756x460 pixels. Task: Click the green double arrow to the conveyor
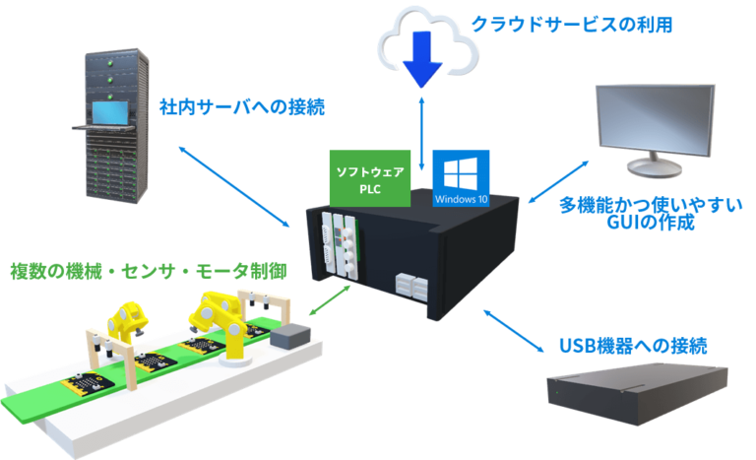coord(329,300)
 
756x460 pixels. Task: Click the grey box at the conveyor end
coord(288,338)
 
